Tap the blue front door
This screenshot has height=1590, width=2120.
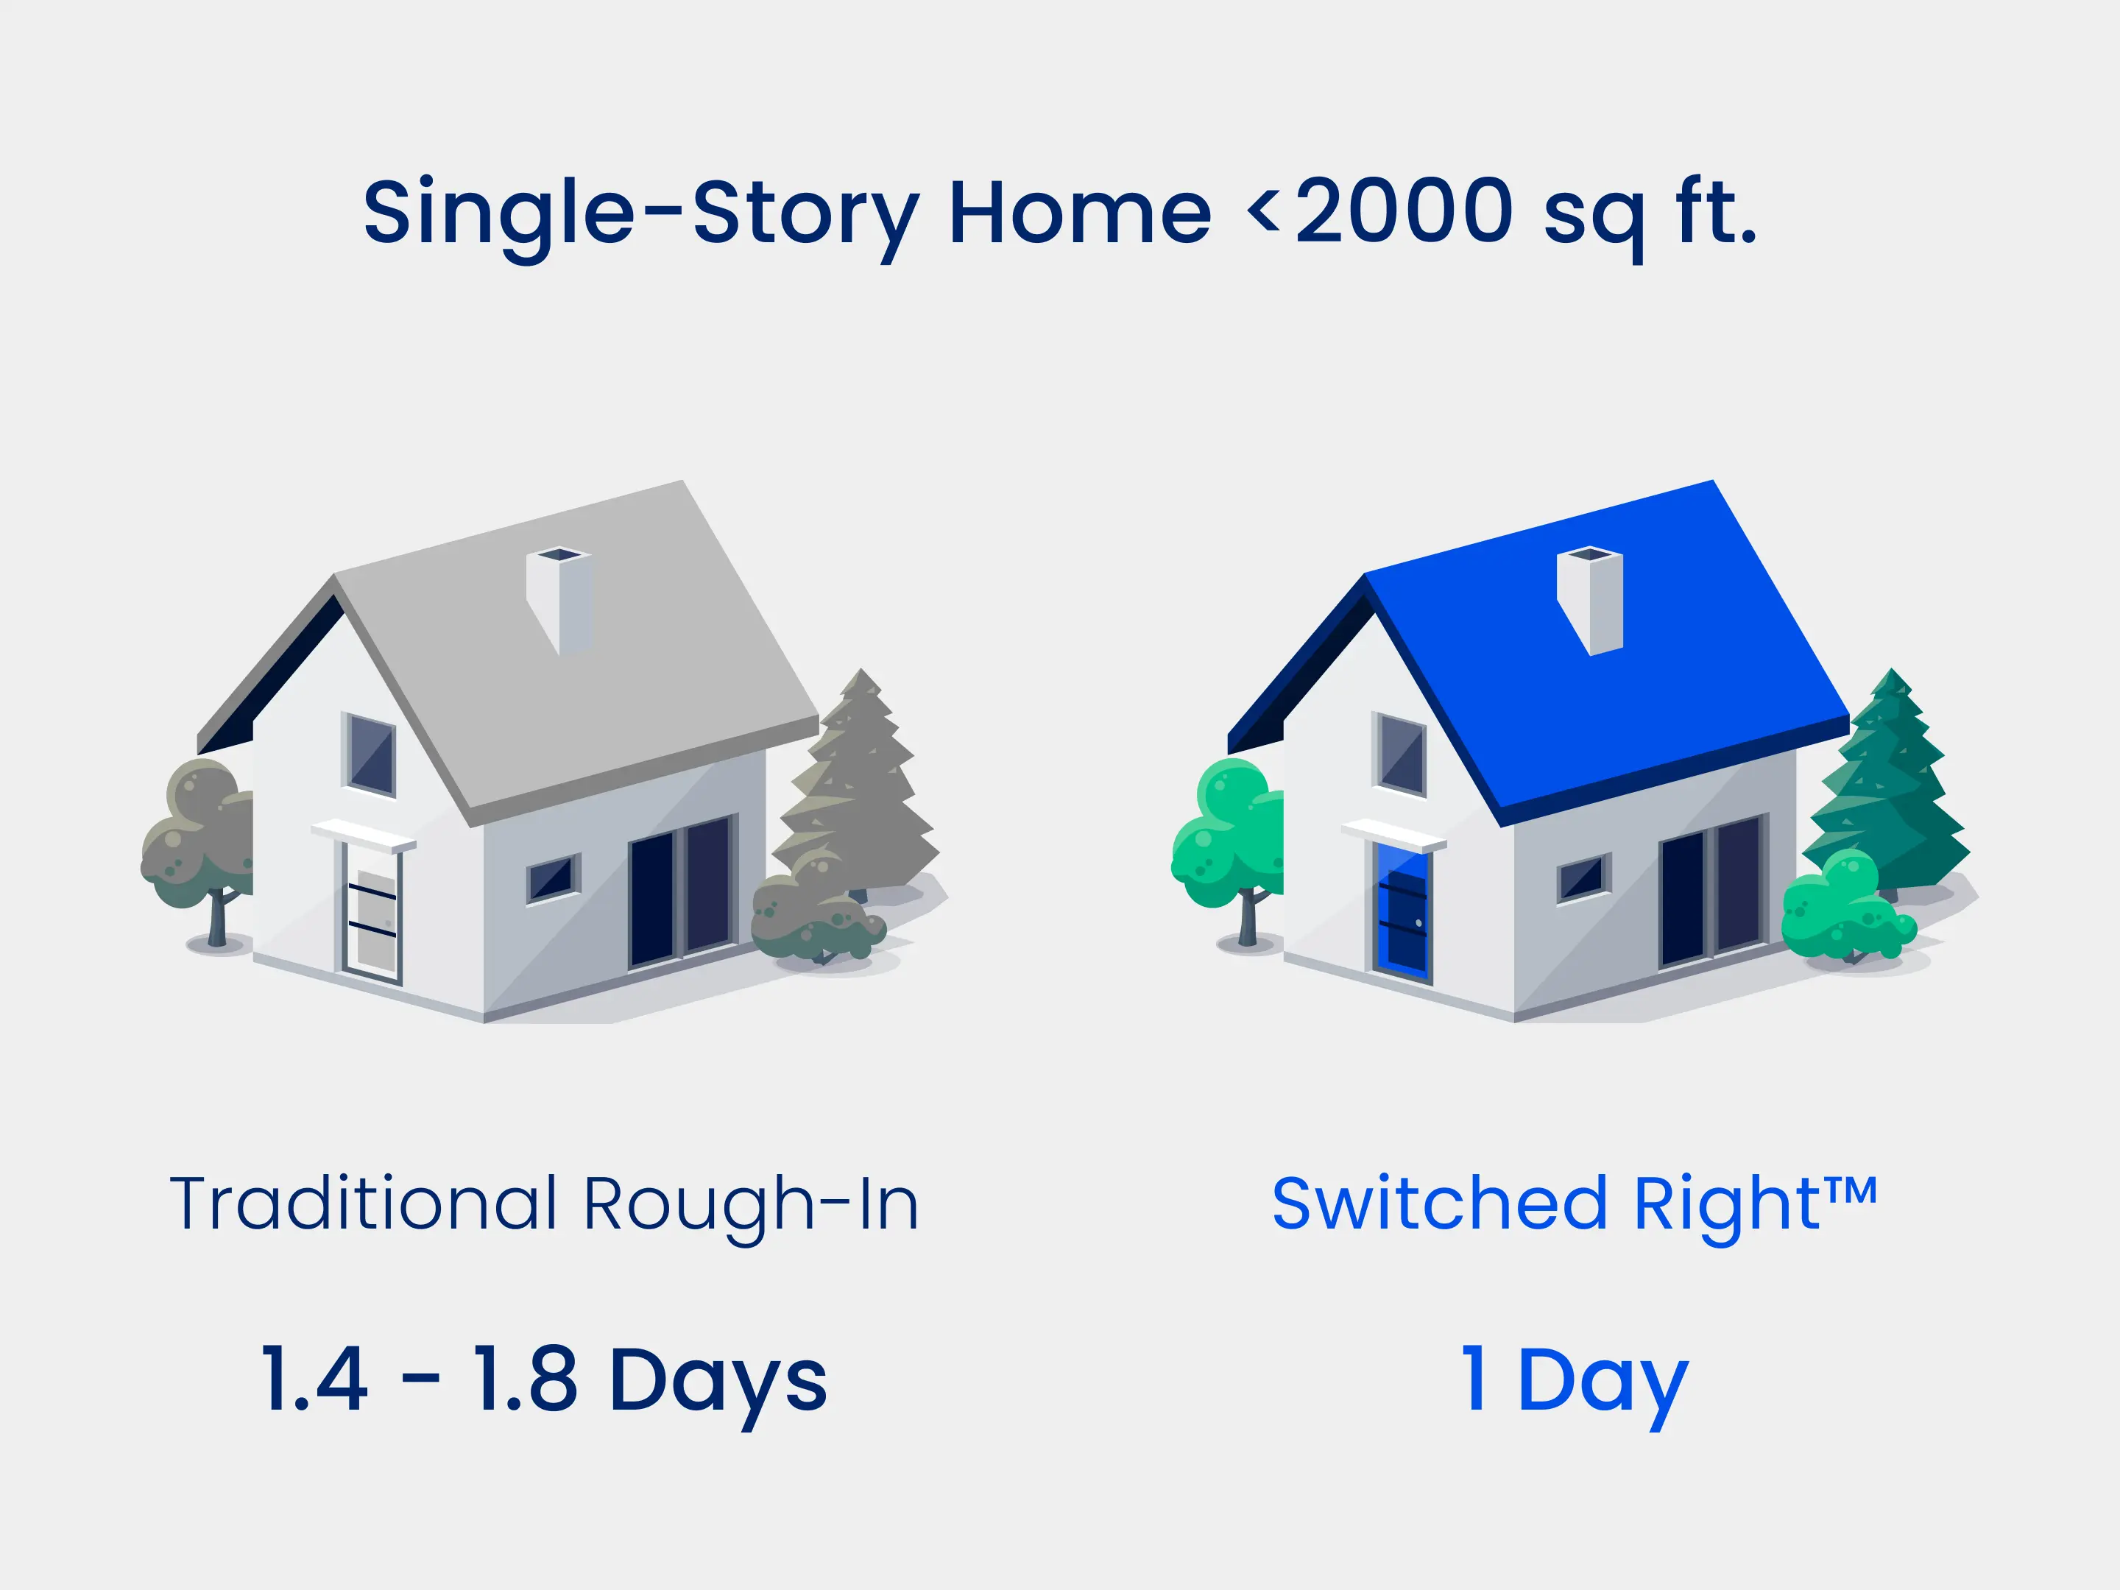(x=1402, y=910)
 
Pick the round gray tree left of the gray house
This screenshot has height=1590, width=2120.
(x=199, y=844)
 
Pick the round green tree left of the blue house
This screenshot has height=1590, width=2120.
(x=1229, y=844)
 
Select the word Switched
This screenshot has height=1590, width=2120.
(x=1438, y=1203)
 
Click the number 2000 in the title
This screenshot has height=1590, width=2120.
(x=1405, y=211)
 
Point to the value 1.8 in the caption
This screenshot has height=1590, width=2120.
(x=525, y=1379)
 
